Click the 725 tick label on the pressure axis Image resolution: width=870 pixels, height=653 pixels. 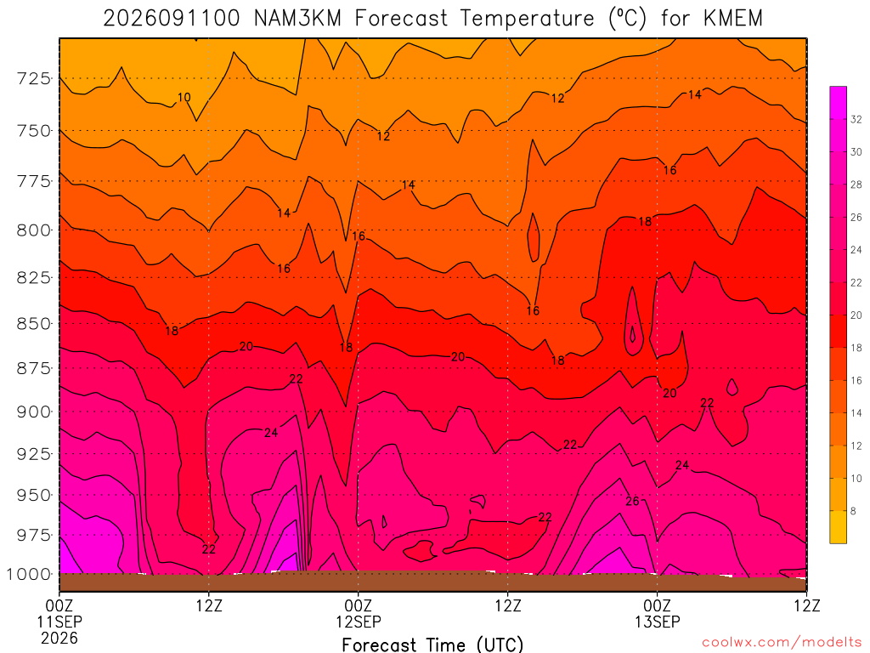tap(34, 78)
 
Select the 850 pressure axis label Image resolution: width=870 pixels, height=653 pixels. tap(34, 324)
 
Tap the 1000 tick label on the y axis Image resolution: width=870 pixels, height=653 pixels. tap(30, 574)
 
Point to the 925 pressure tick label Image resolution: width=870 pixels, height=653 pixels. tap(34, 454)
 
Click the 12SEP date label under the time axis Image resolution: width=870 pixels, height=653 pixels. tap(359, 622)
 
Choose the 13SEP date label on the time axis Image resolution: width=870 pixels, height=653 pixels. tap(658, 622)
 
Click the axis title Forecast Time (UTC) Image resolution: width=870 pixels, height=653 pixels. tap(432, 644)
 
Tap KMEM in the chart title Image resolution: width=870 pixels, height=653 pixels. tap(733, 19)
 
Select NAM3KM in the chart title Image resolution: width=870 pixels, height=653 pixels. tap(297, 19)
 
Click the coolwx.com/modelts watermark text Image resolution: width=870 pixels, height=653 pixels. tap(782, 643)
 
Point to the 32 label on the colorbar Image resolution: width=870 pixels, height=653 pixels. tap(856, 119)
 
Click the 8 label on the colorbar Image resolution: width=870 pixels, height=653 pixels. tap(853, 511)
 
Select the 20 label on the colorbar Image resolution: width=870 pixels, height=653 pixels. tap(856, 315)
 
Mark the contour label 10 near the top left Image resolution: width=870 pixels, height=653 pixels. tap(184, 98)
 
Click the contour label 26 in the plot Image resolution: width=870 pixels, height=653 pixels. tap(632, 502)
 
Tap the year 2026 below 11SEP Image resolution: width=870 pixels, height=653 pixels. tap(59, 638)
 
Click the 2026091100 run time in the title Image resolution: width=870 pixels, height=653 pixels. tap(172, 19)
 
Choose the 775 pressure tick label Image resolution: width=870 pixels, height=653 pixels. tap(34, 182)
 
